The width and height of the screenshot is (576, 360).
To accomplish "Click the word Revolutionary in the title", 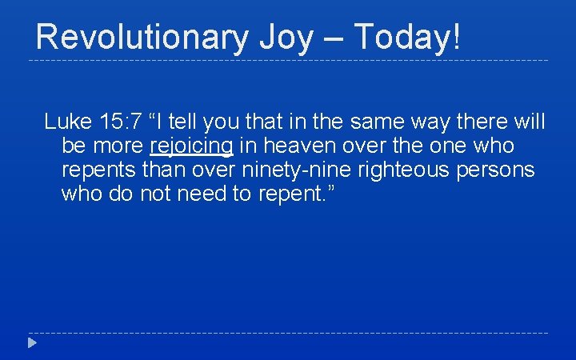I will tap(140, 38).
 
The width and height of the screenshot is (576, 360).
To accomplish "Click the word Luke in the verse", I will tap(67, 122).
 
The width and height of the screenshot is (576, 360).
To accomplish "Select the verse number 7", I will tap(137, 122).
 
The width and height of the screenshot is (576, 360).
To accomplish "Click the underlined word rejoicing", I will tap(191, 147).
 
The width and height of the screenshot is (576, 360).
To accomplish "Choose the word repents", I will tap(96, 170).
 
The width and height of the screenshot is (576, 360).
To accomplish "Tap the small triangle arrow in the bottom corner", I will tap(30, 343).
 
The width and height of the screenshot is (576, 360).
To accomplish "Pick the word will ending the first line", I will tap(530, 122).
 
